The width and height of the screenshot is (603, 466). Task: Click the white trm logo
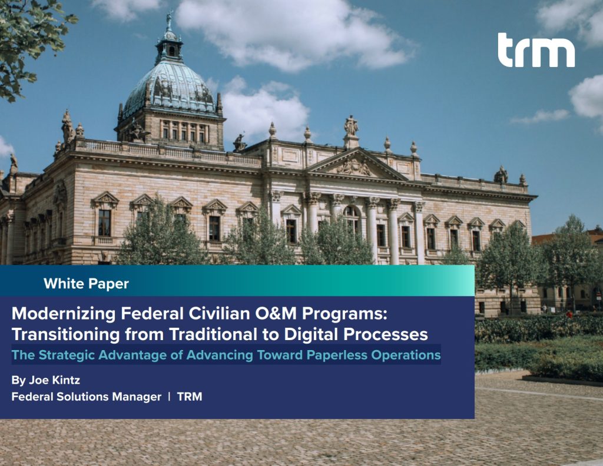click(536, 51)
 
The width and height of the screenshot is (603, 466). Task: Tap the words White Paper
click(86, 284)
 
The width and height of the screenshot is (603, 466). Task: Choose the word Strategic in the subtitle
click(65, 355)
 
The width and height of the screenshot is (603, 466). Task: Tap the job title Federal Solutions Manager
click(86, 397)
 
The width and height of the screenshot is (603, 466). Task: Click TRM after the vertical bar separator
click(190, 397)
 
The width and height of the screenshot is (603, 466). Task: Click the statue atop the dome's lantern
click(169, 21)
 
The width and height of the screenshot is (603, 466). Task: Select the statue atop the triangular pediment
click(351, 125)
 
